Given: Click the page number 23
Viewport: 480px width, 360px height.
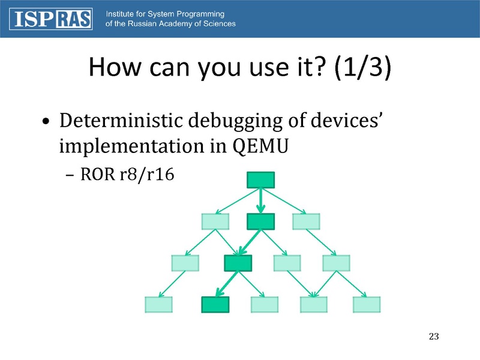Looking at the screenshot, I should [x=435, y=335].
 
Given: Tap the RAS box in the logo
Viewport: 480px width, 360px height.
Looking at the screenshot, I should [x=75, y=19].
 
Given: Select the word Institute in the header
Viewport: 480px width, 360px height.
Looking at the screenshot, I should [x=123, y=13].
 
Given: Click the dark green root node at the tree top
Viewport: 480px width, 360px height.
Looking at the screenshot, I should [x=260, y=179].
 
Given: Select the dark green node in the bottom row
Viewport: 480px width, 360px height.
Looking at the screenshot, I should [x=215, y=305].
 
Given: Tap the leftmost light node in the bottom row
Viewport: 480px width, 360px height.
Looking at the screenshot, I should [x=159, y=305].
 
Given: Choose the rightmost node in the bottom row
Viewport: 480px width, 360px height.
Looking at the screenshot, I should [x=367, y=305].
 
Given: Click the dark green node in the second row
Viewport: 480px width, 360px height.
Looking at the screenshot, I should [x=260, y=221].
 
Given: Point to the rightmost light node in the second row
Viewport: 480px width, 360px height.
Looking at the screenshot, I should [x=306, y=221].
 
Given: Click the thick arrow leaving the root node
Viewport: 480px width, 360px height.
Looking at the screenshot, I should [x=260, y=200].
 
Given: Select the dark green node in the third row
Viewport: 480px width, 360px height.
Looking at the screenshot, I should [x=238, y=263].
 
